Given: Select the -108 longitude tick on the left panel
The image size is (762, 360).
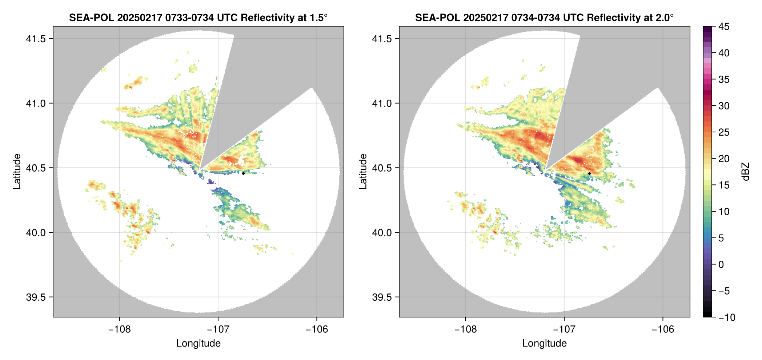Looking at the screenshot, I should click(x=119, y=329).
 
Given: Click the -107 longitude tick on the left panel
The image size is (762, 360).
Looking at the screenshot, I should click(x=218, y=329).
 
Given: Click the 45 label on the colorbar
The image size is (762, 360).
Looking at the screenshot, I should click(x=724, y=27).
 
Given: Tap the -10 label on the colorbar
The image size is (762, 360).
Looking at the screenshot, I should click(x=727, y=317).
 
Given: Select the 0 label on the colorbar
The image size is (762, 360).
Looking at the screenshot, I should click(x=721, y=265).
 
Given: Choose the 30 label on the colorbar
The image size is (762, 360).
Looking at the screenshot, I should click(x=724, y=106).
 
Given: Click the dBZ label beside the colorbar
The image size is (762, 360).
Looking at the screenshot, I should click(x=746, y=172).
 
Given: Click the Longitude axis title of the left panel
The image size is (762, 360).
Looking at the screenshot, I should click(x=198, y=343).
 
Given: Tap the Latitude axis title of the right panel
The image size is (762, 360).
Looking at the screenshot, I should click(x=363, y=172).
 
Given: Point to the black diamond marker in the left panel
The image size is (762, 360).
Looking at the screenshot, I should click(x=243, y=173).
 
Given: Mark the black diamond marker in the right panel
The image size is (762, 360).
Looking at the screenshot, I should click(x=589, y=173).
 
